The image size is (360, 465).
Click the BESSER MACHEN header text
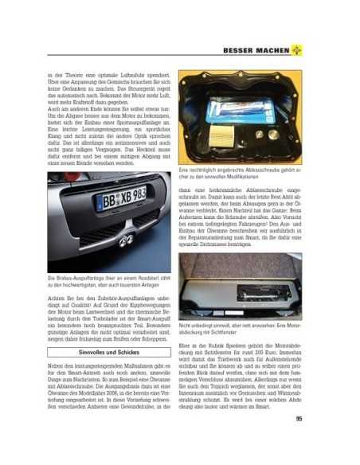tap(268, 51)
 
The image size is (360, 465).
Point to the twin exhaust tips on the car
tap(126, 241)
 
